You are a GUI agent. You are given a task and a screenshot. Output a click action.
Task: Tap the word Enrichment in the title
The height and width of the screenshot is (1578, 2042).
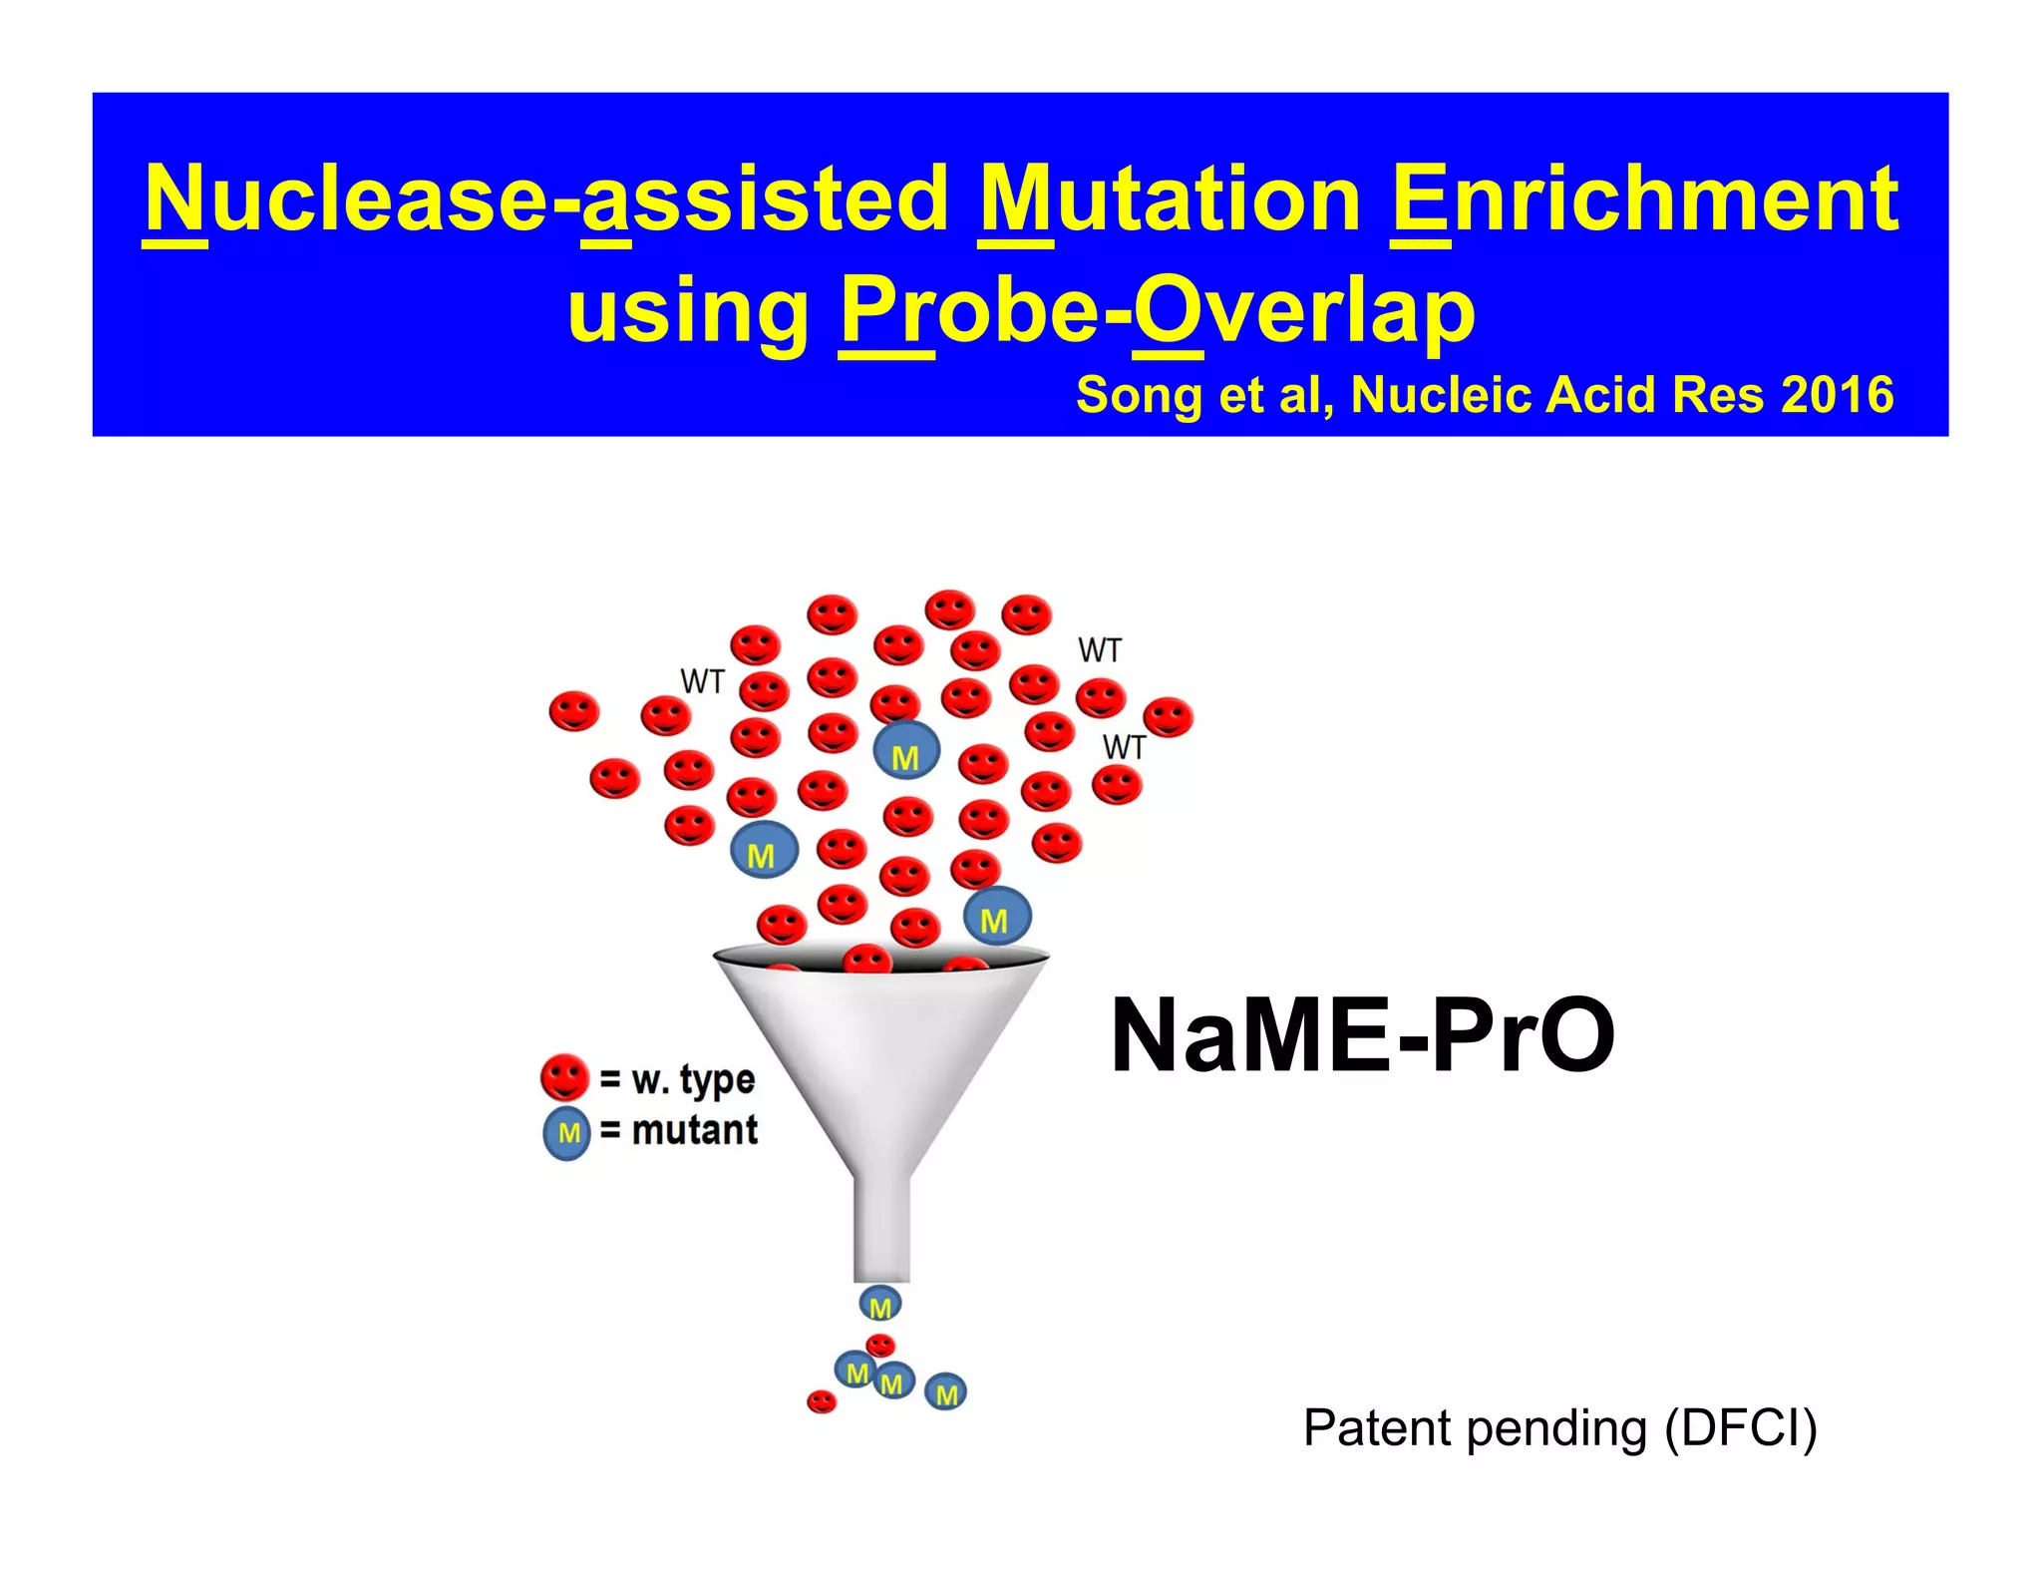pos(1644,199)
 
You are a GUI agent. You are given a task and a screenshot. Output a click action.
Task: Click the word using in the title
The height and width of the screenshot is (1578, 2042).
pos(688,311)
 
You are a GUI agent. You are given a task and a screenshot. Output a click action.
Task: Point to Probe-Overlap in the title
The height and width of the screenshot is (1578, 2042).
pos(1157,311)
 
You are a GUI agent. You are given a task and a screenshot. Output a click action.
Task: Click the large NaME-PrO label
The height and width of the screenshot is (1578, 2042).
pos(1362,1036)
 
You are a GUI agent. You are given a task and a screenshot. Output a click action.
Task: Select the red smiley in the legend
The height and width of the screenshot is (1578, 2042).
pos(564,1077)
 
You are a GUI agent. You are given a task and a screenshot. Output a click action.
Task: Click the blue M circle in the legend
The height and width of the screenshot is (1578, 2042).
pos(566,1133)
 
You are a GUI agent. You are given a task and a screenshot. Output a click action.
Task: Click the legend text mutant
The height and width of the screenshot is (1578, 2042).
pos(695,1131)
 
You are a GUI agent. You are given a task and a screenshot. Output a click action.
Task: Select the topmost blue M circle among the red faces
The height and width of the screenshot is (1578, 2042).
pos(906,752)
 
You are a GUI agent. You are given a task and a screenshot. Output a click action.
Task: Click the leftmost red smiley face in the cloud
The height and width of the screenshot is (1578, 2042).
pos(574,712)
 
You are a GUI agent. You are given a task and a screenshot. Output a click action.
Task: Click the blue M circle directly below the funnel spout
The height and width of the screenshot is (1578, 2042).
pos(880,1305)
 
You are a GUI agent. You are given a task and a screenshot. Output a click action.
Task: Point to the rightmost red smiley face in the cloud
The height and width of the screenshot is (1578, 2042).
pos(1169,717)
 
